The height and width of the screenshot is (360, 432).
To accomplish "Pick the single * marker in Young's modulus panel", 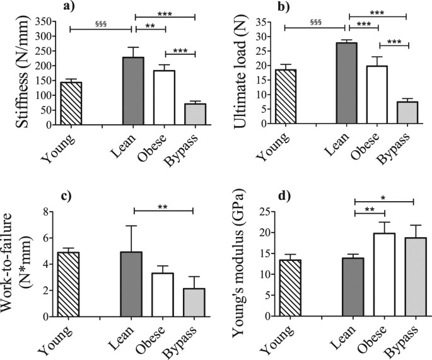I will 383,196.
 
